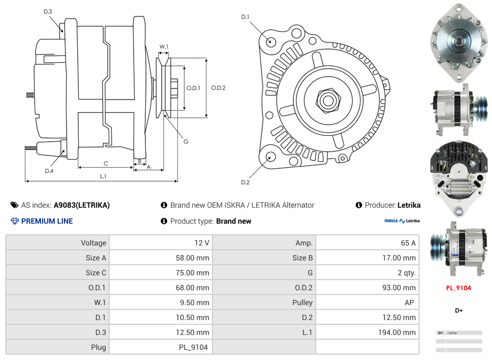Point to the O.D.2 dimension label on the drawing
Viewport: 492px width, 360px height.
coord(218,88)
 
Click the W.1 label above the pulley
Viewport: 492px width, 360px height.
coord(164,47)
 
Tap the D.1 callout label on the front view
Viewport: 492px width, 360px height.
coord(245,17)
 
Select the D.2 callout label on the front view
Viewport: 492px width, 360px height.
coord(245,183)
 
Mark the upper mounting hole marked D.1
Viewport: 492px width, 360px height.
coord(270,41)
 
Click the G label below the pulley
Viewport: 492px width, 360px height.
coord(186,142)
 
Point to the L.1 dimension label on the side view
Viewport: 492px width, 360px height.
coord(103,176)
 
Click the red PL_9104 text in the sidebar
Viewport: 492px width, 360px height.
coord(458,288)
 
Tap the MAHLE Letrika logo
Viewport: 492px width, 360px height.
coord(402,221)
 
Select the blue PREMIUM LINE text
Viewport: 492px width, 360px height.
coord(47,221)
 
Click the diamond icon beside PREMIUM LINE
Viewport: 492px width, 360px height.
coord(14,221)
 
